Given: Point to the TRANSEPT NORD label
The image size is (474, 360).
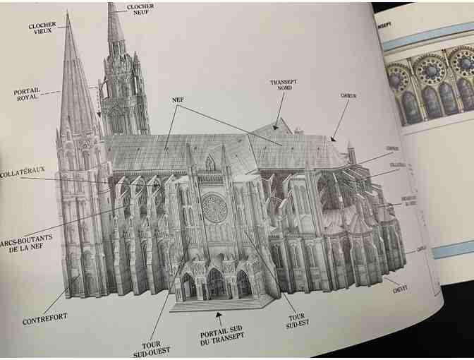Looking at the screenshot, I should click(x=283, y=85).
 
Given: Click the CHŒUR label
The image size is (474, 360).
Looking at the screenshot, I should click(x=348, y=95).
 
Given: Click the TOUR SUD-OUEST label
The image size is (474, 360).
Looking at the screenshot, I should click(x=146, y=348).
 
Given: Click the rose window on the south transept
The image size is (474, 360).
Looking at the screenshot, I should click(x=214, y=207).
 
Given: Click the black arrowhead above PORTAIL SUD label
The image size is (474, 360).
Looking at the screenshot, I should click(x=219, y=314).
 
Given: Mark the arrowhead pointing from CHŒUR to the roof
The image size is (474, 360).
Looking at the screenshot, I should click(x=333, y=139).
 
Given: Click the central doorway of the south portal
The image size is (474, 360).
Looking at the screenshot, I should click(x=215, y=284).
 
